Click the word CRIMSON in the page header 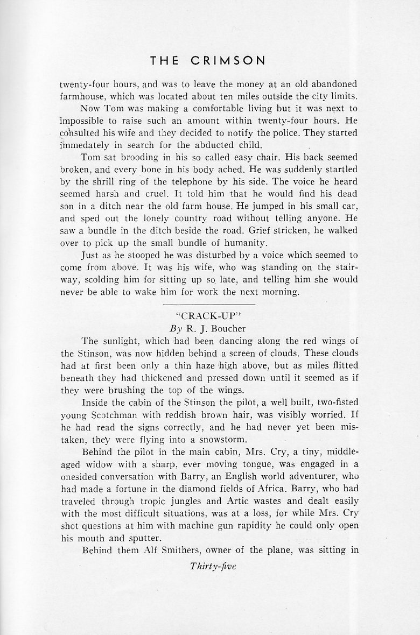(233, 61)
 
